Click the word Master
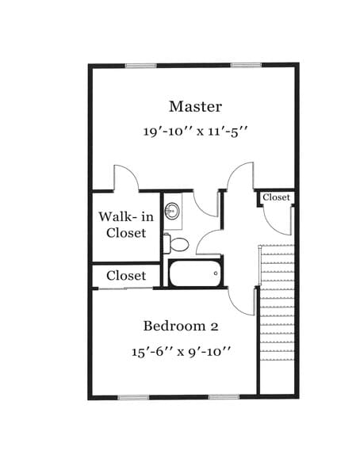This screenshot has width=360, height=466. [x=195, y=106]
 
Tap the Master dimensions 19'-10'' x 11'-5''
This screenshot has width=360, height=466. [x=196, y=132]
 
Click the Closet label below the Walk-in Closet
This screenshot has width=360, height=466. [x=126, y=276]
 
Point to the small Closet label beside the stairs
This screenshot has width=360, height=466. [x=276, y=197]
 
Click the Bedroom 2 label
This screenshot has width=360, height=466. [x=180, y=326]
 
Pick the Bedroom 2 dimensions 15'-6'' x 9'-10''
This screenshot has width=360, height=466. [x=181, y=351]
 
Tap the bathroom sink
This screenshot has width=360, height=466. [x=171, y=212]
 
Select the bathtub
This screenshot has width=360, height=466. [x=195, y=274]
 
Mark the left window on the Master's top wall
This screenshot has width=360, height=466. [x=142, y=66]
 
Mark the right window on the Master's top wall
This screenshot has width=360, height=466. [x=247, y=66]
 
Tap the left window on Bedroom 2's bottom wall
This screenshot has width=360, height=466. [x=134, y=396]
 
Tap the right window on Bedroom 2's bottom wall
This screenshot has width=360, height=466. [x=224, y=396]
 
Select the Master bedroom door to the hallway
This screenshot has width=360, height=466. [x=239, y=177]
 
